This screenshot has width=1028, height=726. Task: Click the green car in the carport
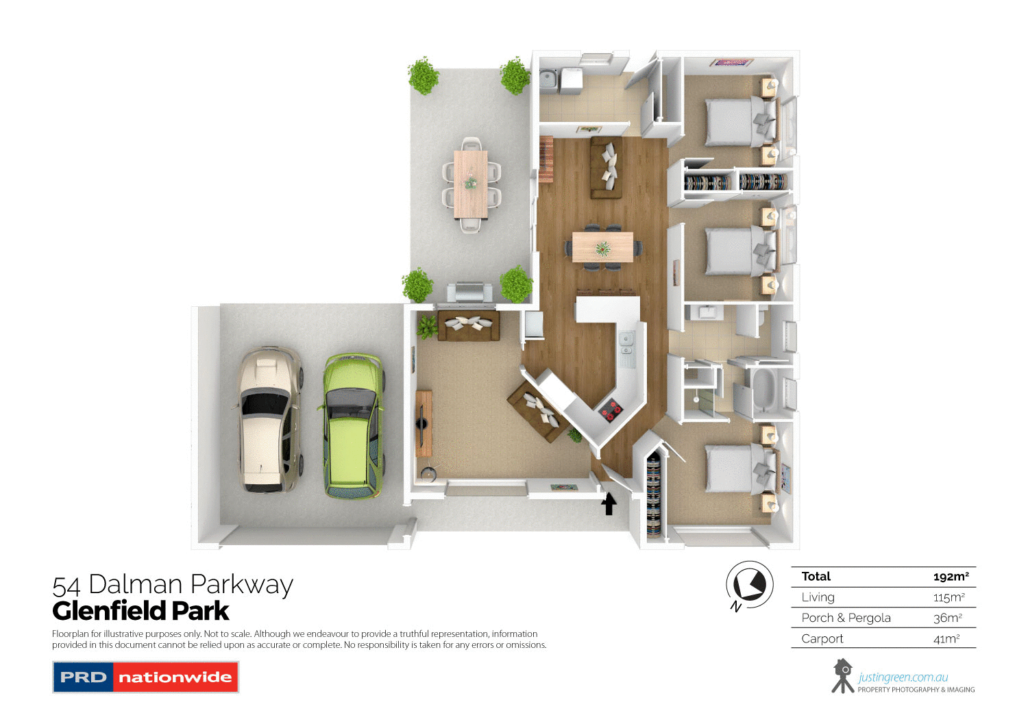tap(353, 426)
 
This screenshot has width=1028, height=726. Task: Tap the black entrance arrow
tap(609, 505)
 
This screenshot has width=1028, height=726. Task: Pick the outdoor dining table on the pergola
tap(471, 184)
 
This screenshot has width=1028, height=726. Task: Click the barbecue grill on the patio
tap(469, 292)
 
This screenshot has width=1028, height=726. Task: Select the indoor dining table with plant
tap(602, 247)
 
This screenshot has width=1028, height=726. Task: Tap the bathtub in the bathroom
tap(763, 388)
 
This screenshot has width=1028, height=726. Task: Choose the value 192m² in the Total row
tap(951, 577)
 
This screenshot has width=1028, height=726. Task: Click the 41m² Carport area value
tap(946, 639)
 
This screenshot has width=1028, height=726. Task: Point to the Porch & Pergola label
tap(846, 618)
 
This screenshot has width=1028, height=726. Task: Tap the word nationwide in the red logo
tap(175, 677)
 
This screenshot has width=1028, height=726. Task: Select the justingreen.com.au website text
tap(903, 677)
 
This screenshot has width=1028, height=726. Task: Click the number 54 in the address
tap(66, 586)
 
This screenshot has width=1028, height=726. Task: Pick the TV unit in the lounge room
tap(424, 423)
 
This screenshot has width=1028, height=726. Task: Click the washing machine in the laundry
tap(571, 81)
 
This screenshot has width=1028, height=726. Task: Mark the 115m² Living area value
tap(949, 597)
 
